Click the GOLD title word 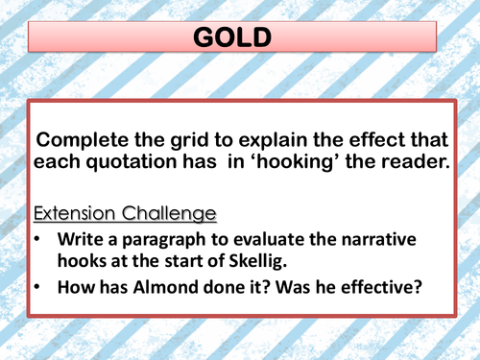coord(239,38)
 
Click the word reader coord(413,162)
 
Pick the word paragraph coord(179,240)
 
